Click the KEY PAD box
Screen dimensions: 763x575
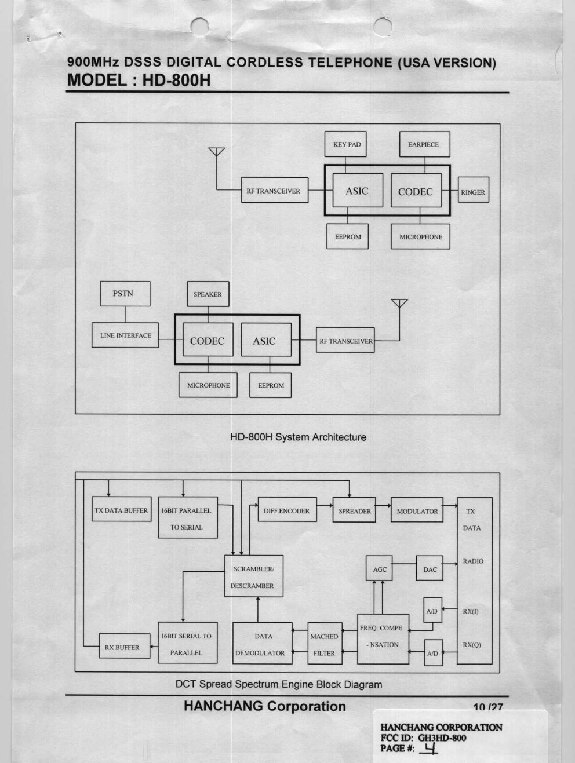pos(347,144)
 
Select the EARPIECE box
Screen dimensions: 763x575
pos(424,144)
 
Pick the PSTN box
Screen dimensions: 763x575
pos(125,294)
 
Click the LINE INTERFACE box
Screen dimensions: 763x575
pos(125,335)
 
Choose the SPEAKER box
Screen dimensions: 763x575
pos(208,294)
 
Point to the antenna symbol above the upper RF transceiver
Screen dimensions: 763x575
pos(217,152)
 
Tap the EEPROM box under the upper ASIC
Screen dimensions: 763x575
pos(347,236)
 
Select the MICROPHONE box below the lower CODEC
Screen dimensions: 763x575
pos(208,385)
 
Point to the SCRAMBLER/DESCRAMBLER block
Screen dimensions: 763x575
pos(253,576)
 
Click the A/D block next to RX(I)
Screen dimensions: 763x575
pos(432,611)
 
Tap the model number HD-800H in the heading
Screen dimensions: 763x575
pos(176,80)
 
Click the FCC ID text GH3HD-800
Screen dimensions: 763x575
pos(442,738)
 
